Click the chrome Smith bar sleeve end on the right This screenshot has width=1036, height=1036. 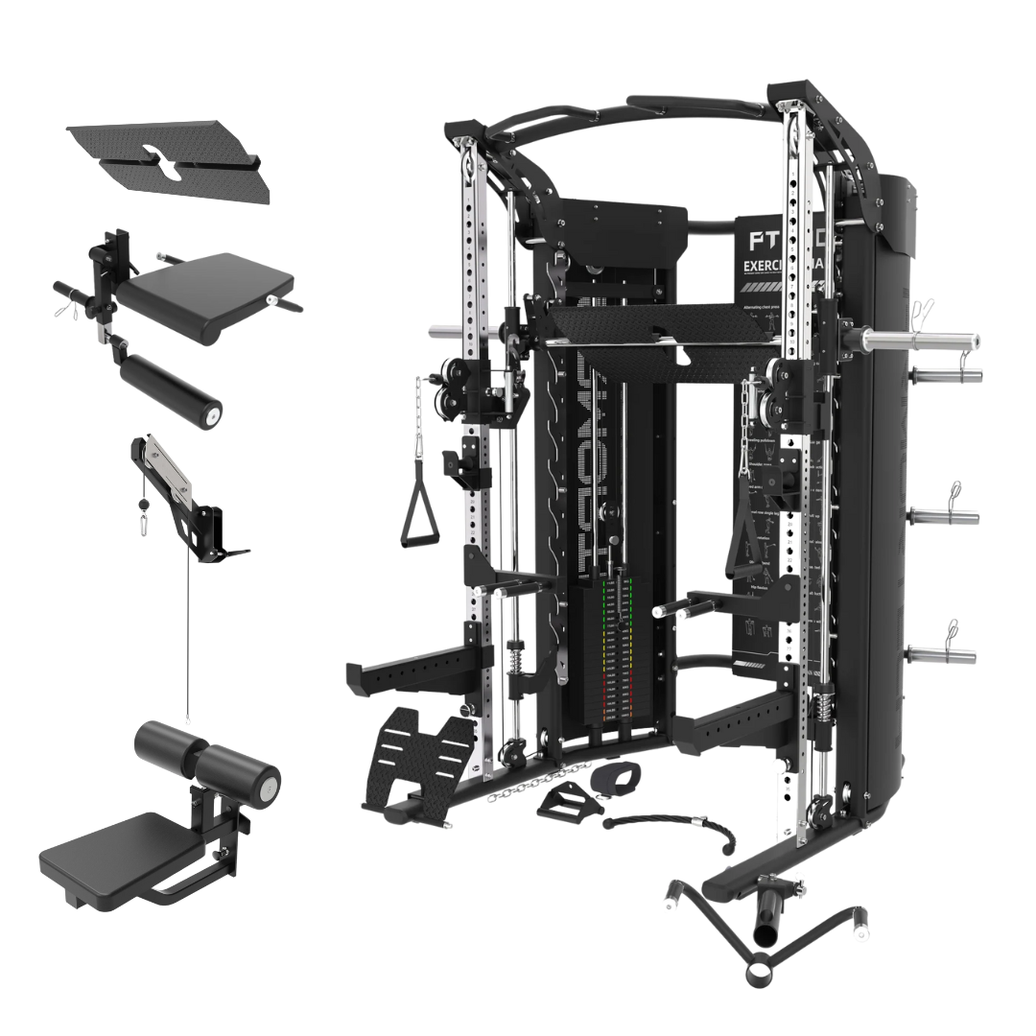point(921,340)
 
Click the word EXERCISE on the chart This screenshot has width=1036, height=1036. point(766,266)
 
